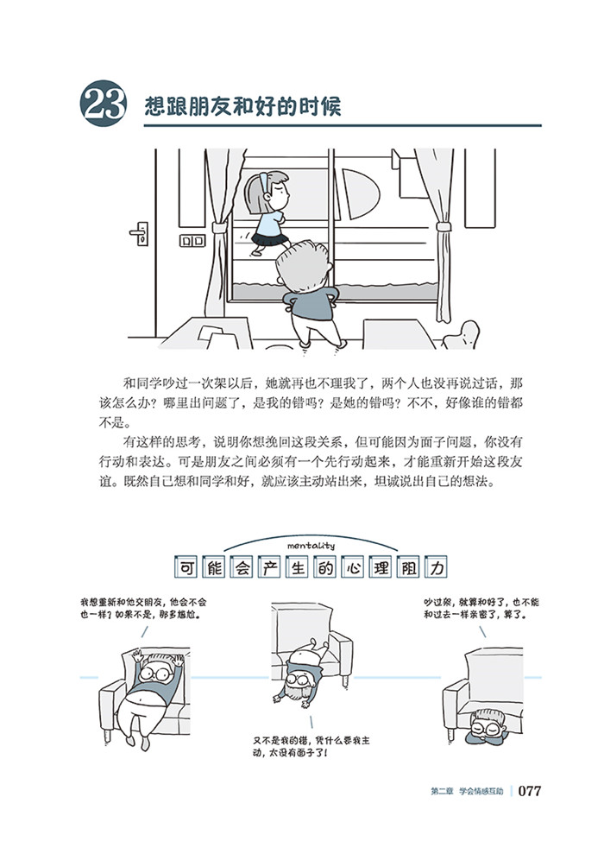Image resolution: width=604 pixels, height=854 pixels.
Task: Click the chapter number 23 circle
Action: [104, 104]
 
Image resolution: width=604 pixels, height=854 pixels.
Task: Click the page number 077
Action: [530, 791]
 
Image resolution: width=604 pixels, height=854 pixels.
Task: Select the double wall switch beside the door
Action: [192, 240]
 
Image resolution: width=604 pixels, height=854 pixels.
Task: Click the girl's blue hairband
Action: [264, 183]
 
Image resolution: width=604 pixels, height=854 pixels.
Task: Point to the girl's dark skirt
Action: [271, 238]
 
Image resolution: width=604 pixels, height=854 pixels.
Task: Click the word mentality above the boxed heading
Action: [311, 545]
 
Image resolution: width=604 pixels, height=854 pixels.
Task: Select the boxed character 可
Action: [186, 568]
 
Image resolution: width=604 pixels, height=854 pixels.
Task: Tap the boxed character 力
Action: [437, 568]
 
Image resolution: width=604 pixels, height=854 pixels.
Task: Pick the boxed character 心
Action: [353, 568]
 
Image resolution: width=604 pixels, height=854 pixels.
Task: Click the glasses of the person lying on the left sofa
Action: [154, 674]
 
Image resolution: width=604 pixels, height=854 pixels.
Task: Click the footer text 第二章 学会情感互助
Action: [467, 791]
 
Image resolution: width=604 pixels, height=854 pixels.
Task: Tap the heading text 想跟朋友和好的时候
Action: [242, 105]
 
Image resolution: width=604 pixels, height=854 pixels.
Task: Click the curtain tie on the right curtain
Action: [444, 226]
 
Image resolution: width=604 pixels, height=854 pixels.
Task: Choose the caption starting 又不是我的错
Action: [311, 747]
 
